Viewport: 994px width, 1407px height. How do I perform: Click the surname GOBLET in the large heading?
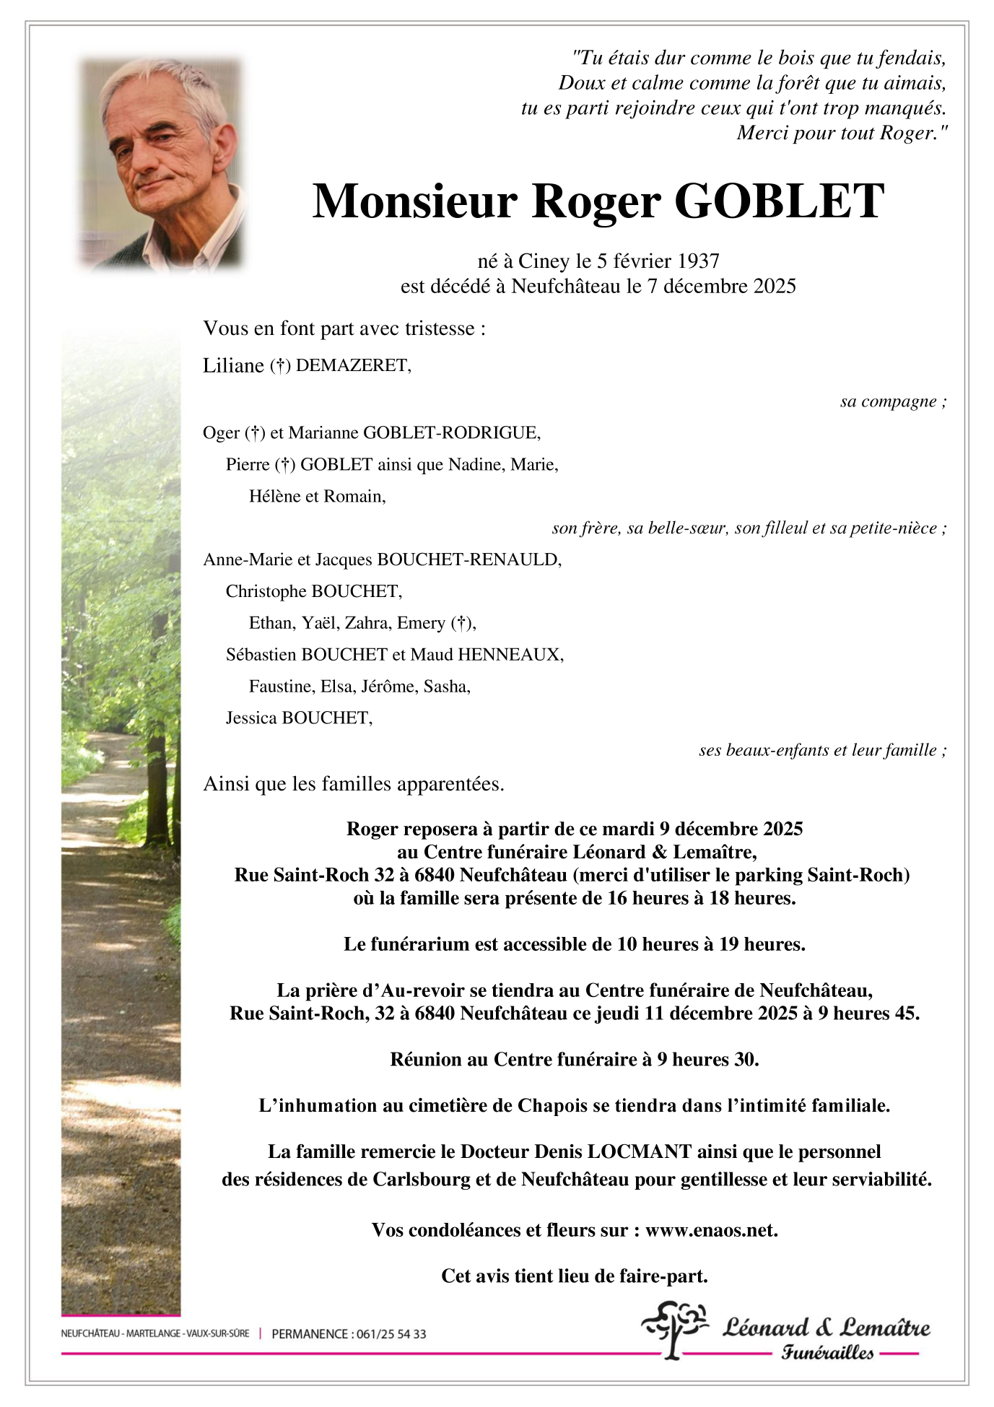click(x=779, y=201)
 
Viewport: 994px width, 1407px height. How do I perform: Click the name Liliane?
click(x=233, y=365)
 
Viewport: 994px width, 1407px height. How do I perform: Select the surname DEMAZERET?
click(x=352, y=365)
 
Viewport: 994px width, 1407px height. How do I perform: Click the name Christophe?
click(x=266, y=591)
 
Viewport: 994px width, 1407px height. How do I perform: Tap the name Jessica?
click(x=251, y=718)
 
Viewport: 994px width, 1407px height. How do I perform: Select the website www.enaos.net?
click(x=711, y=1230)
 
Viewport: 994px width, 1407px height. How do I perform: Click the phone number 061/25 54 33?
click(x=391, y=1334)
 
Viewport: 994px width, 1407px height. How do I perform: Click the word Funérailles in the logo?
click(x=827, y=1352)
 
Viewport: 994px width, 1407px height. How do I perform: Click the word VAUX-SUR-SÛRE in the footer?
click(x=217, y=1333)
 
